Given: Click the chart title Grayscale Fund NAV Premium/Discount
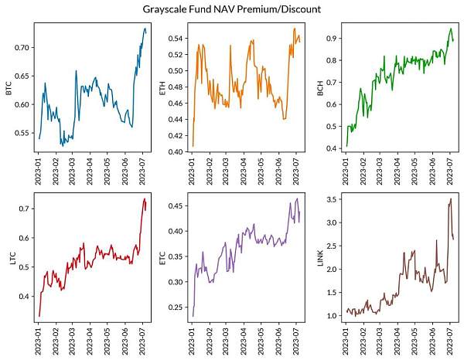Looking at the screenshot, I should click(232, 9).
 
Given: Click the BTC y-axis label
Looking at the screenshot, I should click(9, 90).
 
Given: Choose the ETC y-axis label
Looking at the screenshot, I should click(162, 259).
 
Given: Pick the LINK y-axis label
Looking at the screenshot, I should click(320, 259).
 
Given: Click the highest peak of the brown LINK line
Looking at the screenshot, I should click(451, 199).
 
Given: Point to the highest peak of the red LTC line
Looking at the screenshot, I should click(145, 199).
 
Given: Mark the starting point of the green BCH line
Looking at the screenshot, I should click(346, 145).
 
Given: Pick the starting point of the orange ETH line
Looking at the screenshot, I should click(193, 145).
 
